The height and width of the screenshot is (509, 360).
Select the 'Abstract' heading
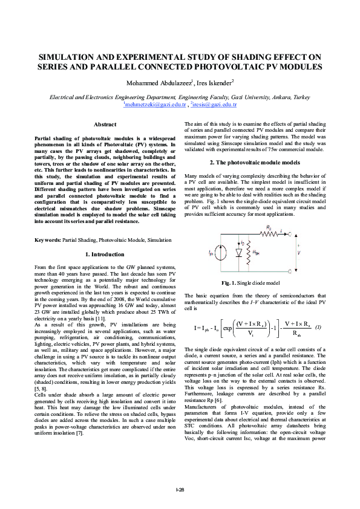click(105, 124)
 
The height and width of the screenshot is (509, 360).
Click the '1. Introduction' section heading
click(105, 271)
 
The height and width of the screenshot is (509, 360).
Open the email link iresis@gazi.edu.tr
click(214, 105)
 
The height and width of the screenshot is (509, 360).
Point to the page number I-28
click(180, 490)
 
